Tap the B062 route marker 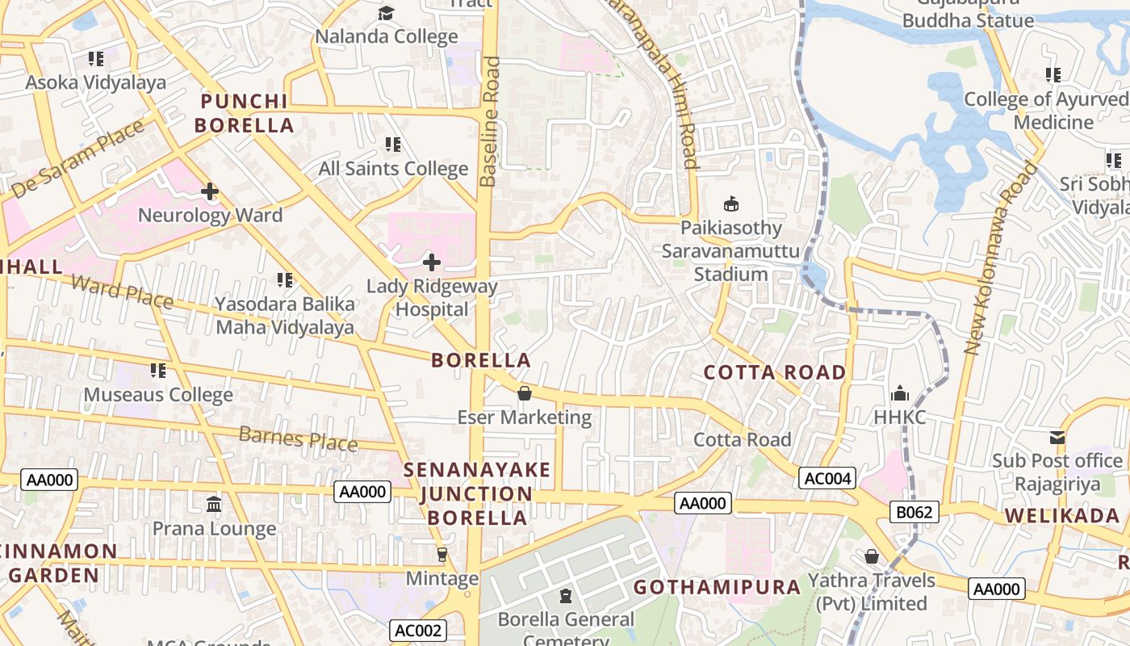point(914,511)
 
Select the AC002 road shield point(417,631)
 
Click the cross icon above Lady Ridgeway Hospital point(432,262)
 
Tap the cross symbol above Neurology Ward point(210,191)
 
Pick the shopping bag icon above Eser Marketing point(524,393)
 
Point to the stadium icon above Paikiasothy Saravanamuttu point(731,203)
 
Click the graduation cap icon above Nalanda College point(387,13)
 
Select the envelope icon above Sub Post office point(1057,438)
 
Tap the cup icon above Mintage point(442,555)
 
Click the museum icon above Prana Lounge point(214,505)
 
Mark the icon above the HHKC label point(899,394)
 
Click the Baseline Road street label point(488,121)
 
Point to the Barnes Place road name point(298,438)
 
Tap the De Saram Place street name point(78,159)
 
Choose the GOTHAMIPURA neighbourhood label point(717,587)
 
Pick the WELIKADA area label point(1061,516)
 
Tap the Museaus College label point(158,395)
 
